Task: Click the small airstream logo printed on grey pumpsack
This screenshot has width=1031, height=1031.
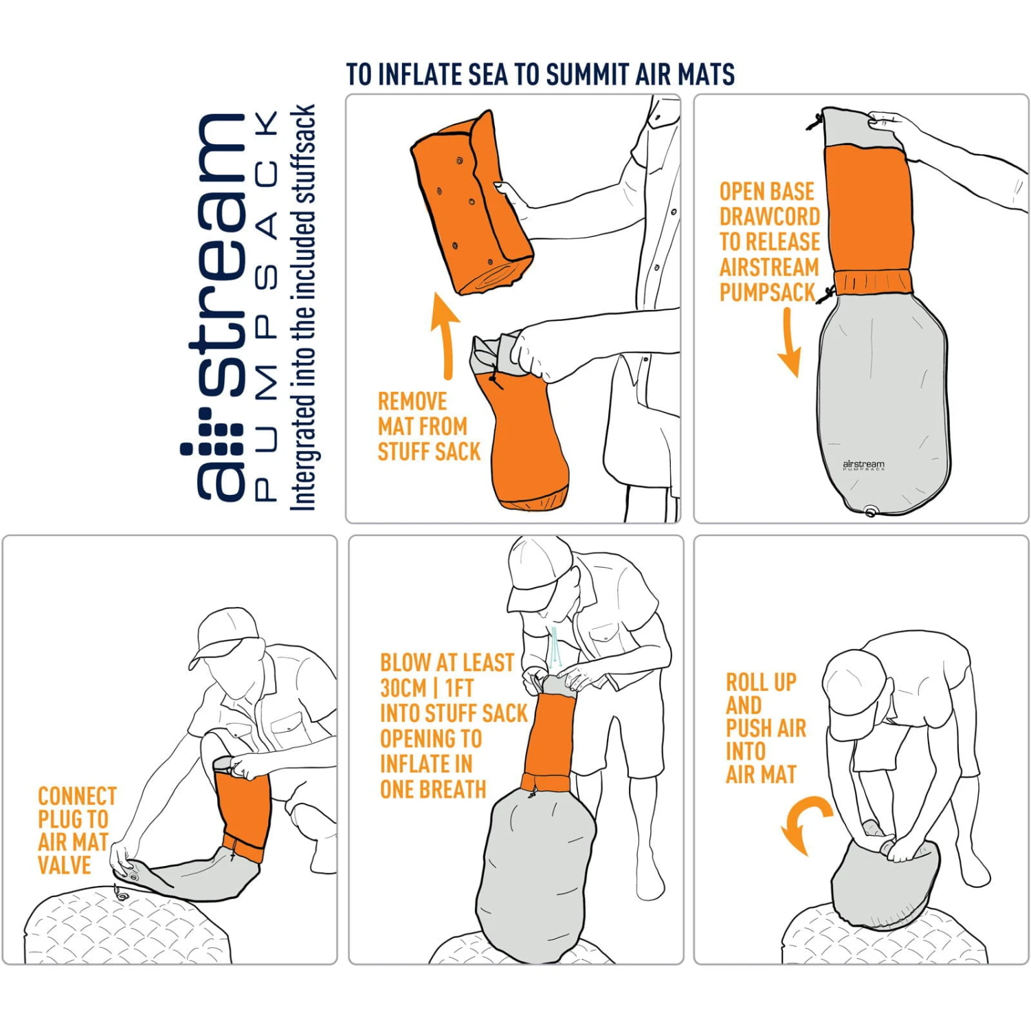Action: (x=863, y=465)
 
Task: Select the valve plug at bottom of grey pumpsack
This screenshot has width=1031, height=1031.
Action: (x=870, y=511)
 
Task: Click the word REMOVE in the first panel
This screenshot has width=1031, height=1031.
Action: (x=412, y=401)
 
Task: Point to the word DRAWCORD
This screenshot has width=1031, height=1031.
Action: (x=769, y=217)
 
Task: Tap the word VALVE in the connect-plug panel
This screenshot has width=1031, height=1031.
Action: (x=64, y=865)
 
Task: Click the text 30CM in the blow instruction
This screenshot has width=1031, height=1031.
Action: (x=403, y=688)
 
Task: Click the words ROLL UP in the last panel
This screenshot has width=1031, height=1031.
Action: (x=761, y=683)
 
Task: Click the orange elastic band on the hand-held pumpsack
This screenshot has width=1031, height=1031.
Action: (x=873, y=282)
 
